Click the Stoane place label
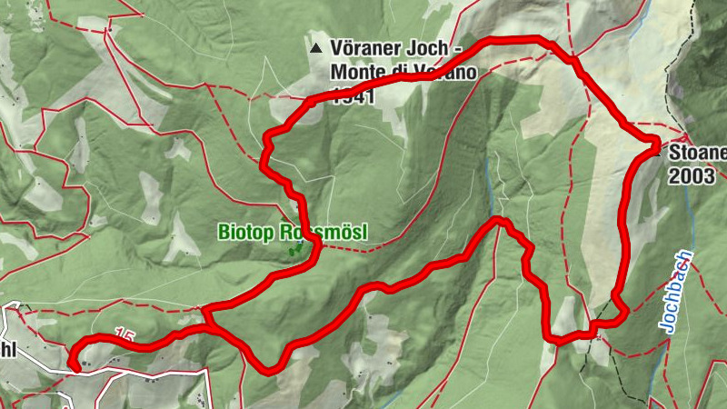tap(698, 153)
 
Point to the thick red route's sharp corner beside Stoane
tap(655, 140)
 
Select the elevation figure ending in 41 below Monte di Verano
tap(349, 94)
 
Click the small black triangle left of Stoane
tap(660, 153)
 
